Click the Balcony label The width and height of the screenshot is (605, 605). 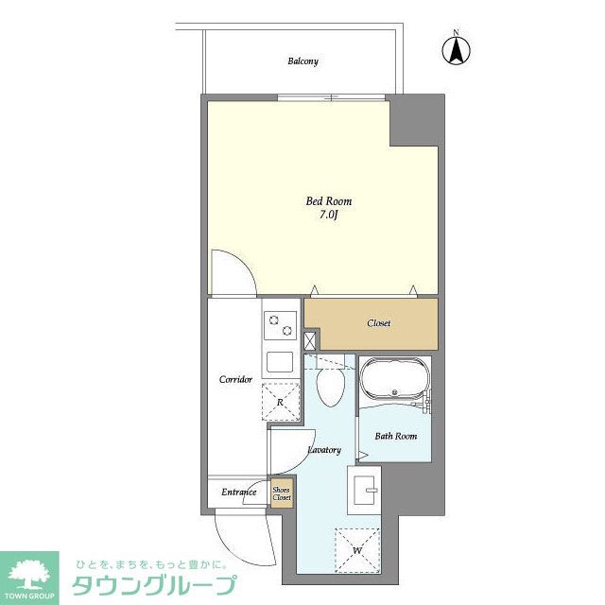(x=302, y=61)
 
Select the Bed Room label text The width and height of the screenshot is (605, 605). (x=322, y=201)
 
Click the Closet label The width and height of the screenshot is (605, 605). (x=378, y=323)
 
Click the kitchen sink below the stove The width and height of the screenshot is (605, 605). (x=280, y=361)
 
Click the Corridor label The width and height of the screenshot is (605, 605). (x=235, y=380)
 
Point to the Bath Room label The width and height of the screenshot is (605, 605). (x=395, y=436)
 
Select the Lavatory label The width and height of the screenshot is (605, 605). (x=324, y=450)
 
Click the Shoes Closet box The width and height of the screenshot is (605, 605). (x=282, y=493)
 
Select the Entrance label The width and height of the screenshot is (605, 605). (x=239, y=493)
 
